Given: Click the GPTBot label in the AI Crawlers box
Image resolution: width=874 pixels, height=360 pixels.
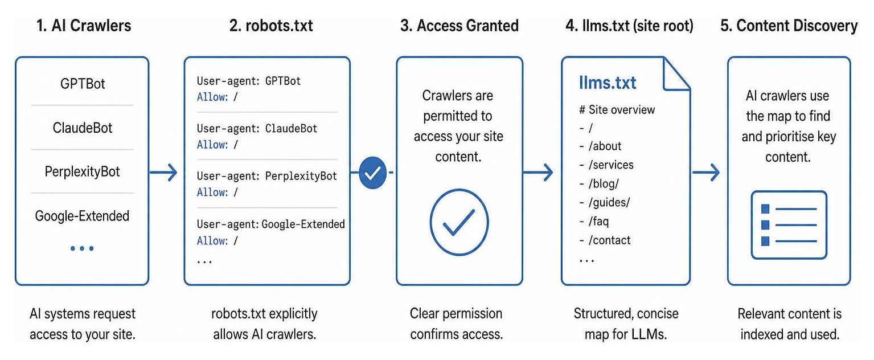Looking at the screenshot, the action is (83, 84).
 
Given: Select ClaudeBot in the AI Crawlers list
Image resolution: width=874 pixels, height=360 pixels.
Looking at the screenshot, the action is (83, 128).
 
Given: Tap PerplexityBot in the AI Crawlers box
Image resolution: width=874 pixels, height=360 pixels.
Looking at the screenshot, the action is (82, 171).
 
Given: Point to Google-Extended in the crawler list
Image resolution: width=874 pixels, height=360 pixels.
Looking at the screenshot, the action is (82, 215).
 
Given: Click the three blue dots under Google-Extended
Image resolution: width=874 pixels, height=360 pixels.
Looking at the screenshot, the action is (82, 248).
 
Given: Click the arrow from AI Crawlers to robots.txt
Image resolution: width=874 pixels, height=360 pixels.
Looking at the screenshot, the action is (163, 172).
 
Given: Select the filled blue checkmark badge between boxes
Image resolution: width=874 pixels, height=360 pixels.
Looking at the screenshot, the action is (372, 173).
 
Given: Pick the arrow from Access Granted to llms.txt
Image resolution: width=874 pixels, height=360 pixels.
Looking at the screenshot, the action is (538, 172).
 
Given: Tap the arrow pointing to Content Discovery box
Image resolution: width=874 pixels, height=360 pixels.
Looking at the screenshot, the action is (706, 172).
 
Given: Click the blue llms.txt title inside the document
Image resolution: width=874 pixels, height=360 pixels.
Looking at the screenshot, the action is (608, 83).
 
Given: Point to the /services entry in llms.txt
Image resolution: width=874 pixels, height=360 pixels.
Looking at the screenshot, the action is (607, 165).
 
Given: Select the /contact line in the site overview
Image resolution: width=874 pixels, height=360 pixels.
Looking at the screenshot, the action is (605, 240).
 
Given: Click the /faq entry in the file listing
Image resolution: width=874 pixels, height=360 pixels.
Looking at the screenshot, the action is (594, 222).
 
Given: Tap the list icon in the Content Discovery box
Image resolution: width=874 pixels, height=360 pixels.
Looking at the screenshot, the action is (789, 225).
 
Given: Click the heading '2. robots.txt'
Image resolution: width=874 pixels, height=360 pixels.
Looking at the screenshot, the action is (271, 26).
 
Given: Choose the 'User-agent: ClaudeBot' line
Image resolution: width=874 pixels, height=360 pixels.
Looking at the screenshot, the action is (257, 129).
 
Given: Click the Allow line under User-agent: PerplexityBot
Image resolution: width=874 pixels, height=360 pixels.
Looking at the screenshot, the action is (218, 192).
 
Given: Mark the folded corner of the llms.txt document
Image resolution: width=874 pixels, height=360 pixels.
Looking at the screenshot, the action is (676, 74).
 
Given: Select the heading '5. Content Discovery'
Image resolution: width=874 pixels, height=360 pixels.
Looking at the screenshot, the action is (789, 26).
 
